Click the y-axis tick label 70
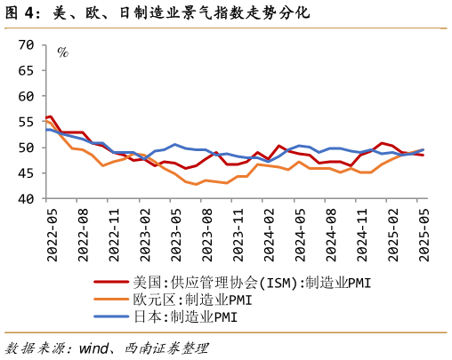27,44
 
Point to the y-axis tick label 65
27,70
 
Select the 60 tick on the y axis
27,96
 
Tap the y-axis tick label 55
27,122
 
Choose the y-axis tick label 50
27,148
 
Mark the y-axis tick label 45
27,173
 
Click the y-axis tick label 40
27,199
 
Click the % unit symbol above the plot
62,52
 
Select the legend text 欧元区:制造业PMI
192,300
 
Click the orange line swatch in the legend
112,300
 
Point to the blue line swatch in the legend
112,316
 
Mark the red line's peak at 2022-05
51,116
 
